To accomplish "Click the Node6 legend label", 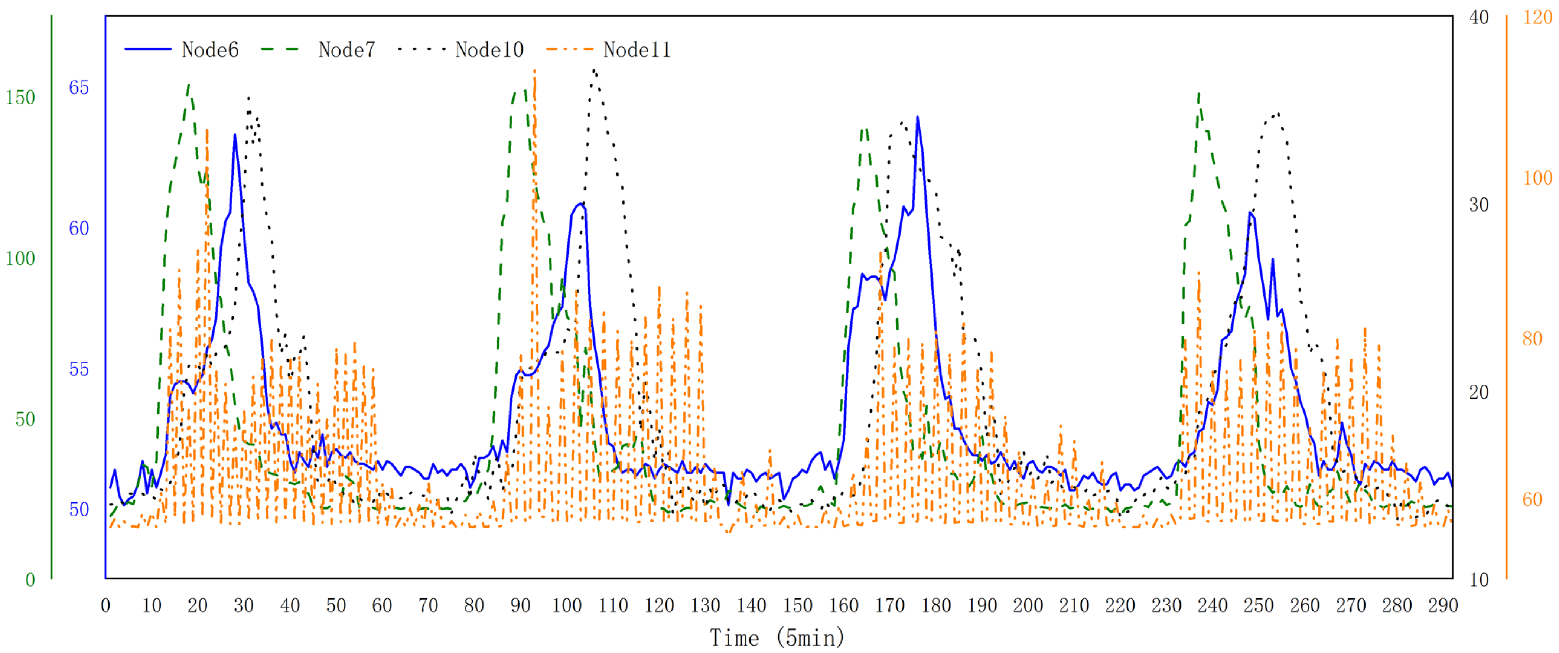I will click(x=210, y=50).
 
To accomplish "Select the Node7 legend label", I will click(x=347, y=50).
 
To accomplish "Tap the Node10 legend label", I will click(x=489, y=50).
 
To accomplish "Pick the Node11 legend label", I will click(x=637, y=50).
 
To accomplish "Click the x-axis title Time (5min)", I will click(x=777, y=638).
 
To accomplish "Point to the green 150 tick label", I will click(x=20, y=97).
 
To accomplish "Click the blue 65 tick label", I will click(x=79, y=88).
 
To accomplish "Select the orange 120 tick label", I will click(x=1537, y=17).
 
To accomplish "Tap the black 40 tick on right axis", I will click(x=1478, y=17).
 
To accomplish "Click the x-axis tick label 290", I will click(x=1443, y=605).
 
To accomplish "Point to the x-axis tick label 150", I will click(x=797, y=605).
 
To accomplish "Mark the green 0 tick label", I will click(x=30, y=580).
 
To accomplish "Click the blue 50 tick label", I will click(x=79, y=510).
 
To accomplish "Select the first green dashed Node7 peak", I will click(x=189, y=85).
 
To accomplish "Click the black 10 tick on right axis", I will click(x=1478, y=580).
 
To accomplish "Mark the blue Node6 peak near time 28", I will click(x=235, y=135).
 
